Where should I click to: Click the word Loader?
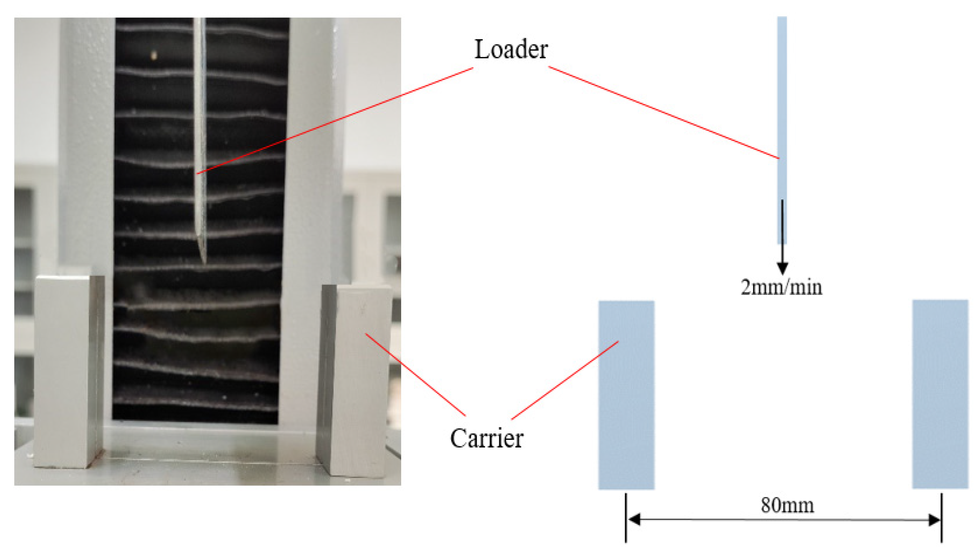pos(511,50)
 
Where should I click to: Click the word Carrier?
pos(486,438)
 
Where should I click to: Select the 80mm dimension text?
pos(787,505)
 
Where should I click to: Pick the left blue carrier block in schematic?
pos(626,394)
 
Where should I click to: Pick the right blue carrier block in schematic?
pos(940,394)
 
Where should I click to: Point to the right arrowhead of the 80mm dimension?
pos(934,520)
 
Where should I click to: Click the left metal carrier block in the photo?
pos(68,372)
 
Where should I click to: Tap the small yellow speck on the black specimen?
pos(154,56)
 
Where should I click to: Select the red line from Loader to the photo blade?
pos(335,121)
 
